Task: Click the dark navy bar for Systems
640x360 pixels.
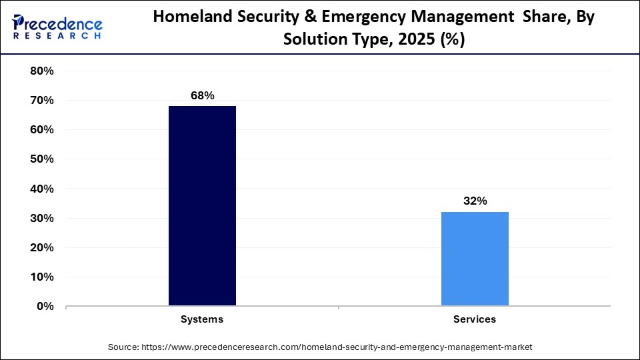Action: pos(202,206)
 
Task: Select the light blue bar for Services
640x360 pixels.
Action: pos(475,259)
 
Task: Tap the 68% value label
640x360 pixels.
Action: pos(202,96)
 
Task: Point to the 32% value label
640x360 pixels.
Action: pos(475,201)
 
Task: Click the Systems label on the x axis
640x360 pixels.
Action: pos(202,319)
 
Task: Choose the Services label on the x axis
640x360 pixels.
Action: pos(475,319)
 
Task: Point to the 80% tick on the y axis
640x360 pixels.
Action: pos(42,71)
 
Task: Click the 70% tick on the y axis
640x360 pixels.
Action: pos(42,101)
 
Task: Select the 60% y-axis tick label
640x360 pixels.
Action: pos(42,130)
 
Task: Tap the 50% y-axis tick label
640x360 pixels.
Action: pos(42,159)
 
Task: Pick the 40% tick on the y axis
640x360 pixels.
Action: pos(42,189)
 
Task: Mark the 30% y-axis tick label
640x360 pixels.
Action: pos(42,219)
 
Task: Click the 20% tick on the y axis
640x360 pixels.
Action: pos(42,248)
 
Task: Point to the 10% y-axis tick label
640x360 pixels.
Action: pos(42,277)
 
